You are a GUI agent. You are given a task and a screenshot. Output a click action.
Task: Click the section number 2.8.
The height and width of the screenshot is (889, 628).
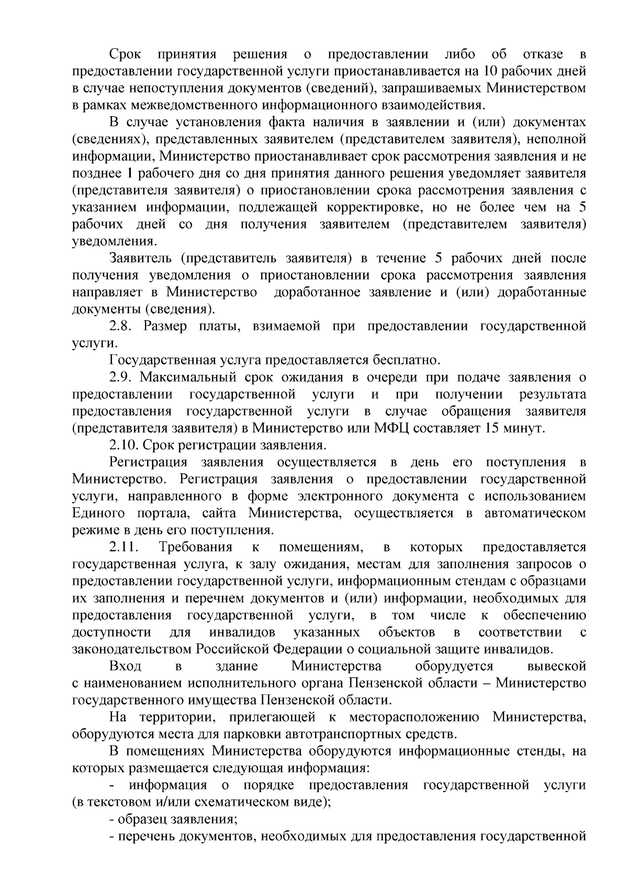click(122, 326)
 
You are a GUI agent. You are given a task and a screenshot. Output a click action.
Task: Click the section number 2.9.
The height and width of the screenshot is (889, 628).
click(122, 377)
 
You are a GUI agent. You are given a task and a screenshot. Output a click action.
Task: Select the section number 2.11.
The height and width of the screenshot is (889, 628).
click(124, 547)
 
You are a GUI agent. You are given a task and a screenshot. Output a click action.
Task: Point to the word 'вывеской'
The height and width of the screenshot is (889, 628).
click(556, 666)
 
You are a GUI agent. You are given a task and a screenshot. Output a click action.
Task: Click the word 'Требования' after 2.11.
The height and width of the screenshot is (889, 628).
click(195, 547)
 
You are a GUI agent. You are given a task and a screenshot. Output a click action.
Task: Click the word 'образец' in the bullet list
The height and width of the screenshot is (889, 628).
click(139, 818)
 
